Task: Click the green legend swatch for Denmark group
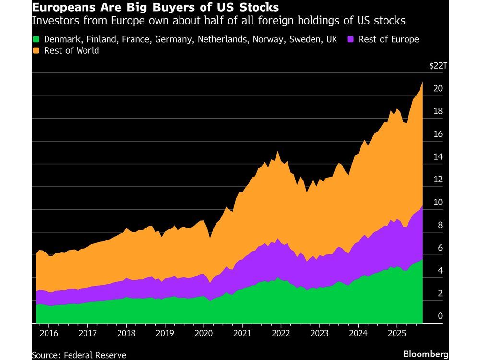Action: pyautogui.click(x=36, y=39)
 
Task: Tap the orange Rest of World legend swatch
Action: pyautogui.click(x=36, y=50)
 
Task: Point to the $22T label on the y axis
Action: pyautogui.click(x=438, y=66)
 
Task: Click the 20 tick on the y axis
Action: pyautogui.click(x=437, y=89)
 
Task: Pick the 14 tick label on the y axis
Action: pyautogui.click(x=437, y=157)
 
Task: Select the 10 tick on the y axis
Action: pyautogui.click(x=437, y=203)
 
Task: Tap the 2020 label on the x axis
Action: pyautogui.click(x=203, y=333)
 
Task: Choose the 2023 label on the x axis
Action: pyautogui.click(x=319, y=333)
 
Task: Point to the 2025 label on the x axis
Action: pyautogui.click(x=396, y=333)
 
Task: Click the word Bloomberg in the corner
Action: pyautogui.click(x=425, y=354)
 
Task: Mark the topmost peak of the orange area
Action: pyautogui.click(x=422, y=82)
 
